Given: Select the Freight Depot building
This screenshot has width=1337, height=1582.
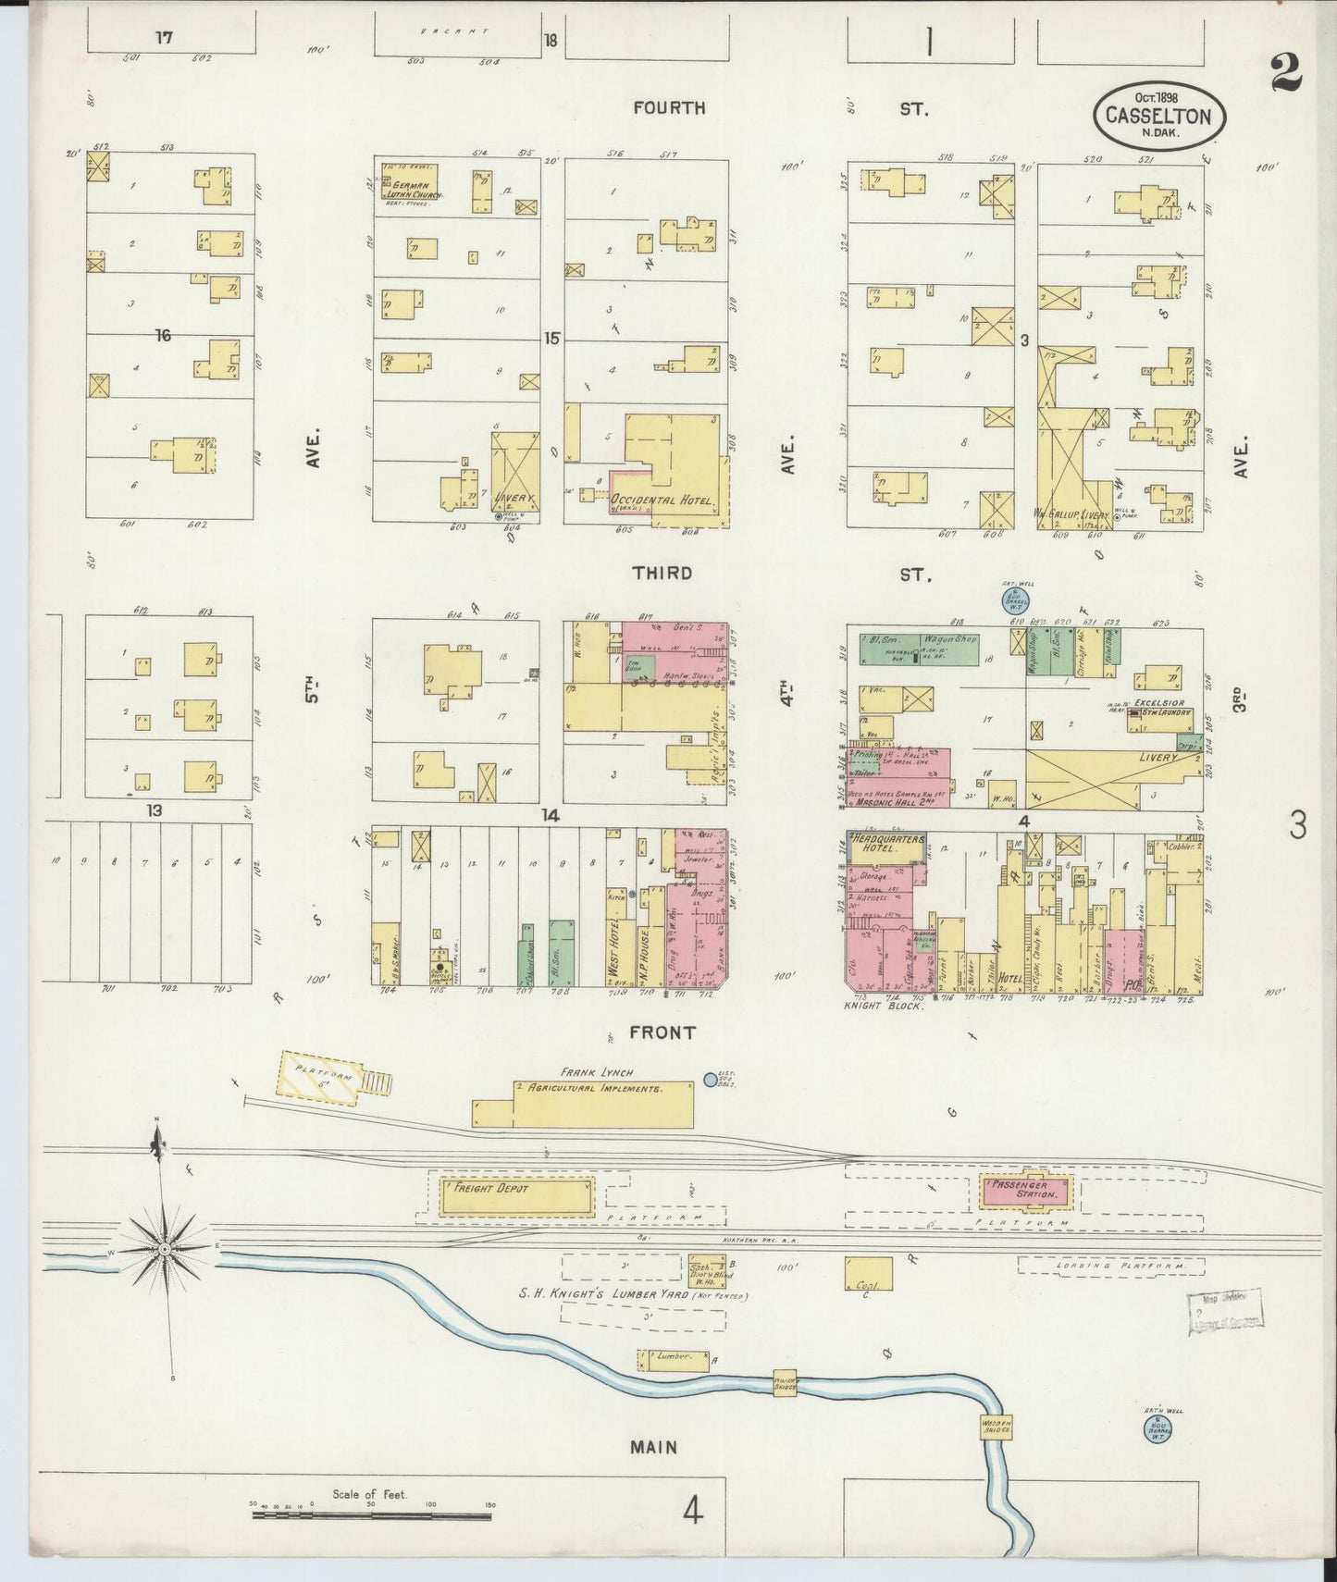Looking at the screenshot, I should pyautogui.click(x=516, y=1195).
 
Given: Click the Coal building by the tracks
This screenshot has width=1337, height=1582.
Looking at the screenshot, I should pyautogui.click(x=868, y=1273).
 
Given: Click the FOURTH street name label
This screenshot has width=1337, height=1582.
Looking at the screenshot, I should pyautogui.click(x=669, y=108).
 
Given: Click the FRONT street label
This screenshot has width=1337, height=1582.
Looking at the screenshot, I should pyautogui.click(x=663, y=1032).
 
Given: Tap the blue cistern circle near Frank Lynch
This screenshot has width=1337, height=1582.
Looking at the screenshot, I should pyautogui.click(x=711, y=1079).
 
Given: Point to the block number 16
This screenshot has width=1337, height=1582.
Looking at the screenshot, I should pyautogui.click(x=163, y=335).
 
